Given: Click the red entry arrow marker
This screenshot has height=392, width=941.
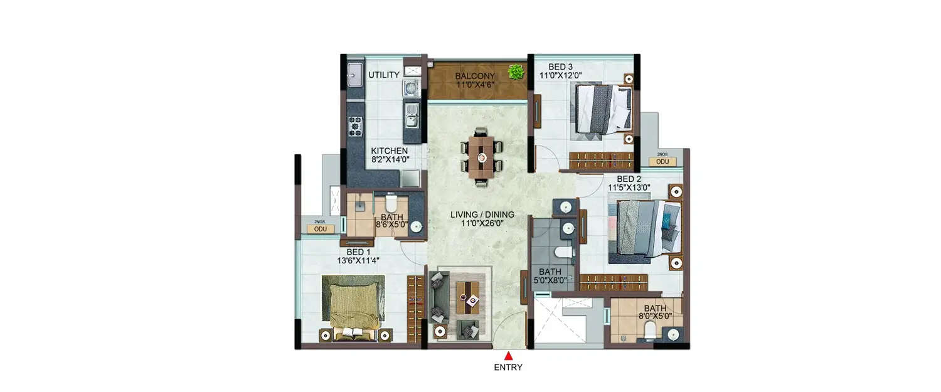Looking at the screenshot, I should pos(508,356).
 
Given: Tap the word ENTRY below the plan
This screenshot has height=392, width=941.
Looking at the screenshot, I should pos(508,368).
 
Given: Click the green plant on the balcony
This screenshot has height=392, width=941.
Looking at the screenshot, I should pos(516,72).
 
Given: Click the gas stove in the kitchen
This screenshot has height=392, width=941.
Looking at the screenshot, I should pos(355,126).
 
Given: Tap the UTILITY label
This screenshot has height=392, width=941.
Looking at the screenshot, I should pos(384,75).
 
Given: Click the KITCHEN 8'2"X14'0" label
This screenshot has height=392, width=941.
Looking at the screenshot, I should pos(389,155).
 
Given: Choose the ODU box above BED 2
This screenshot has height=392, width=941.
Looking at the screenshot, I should pos(662,162).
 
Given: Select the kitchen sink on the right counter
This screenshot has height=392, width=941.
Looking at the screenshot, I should pos(411,114).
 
